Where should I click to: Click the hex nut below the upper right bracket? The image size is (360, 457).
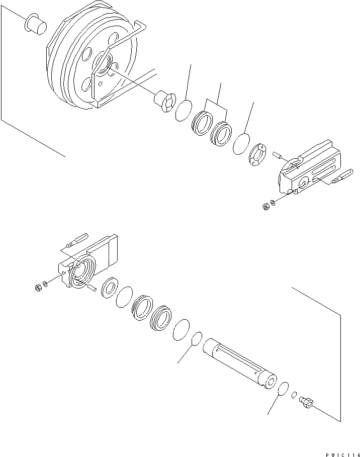265,207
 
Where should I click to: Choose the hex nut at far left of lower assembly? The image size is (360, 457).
39,288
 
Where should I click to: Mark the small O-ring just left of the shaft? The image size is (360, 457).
197,339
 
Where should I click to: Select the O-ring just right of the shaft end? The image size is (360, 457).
283,389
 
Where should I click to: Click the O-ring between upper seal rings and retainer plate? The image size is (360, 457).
241,144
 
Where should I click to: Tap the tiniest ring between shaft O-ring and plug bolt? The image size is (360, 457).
295,395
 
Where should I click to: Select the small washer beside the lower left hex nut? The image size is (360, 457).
47,285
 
